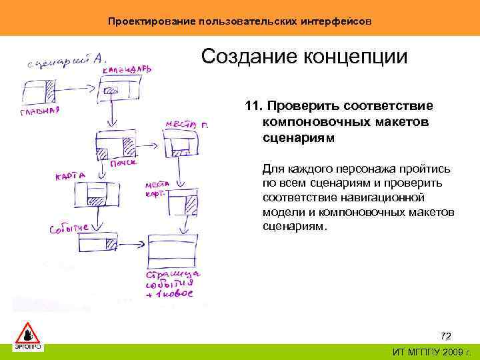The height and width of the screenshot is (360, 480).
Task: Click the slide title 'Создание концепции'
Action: (x=304, y=56)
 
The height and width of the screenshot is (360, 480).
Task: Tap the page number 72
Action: (x=447, y=335)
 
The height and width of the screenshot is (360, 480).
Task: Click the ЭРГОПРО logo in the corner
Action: (x=27, y=337)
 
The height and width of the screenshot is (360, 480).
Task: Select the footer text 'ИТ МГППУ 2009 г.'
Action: (x=431, y=352)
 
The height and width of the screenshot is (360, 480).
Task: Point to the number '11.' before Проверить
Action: (x=253, y=107)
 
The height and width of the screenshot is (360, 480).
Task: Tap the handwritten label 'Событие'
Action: (x=69, y=229)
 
